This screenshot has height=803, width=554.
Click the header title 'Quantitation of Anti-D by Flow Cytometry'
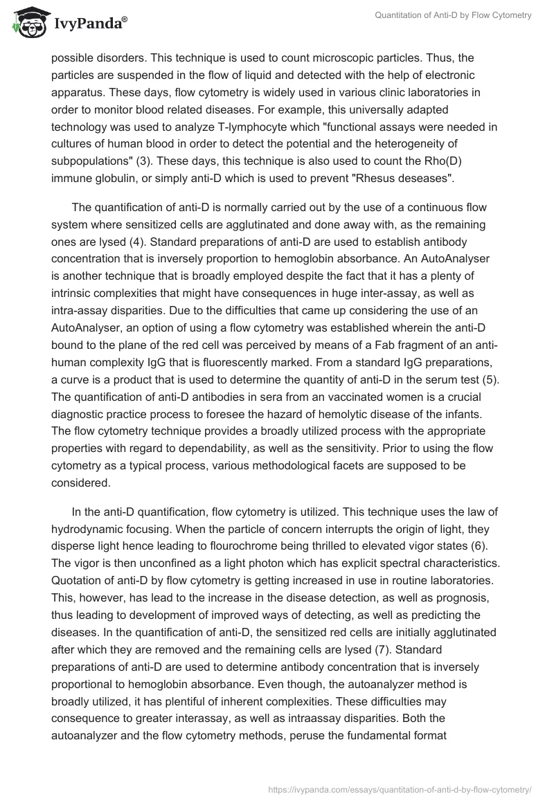pyautogui.click(x=454, y=16)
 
